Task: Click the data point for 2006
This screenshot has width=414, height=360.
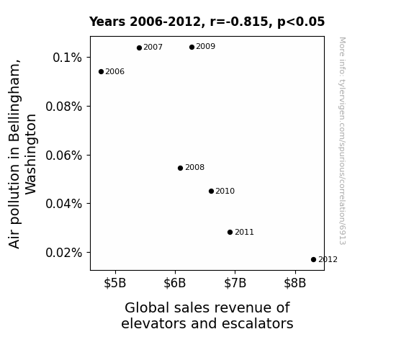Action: pos(101,71)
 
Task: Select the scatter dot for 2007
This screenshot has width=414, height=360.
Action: pos(140,48)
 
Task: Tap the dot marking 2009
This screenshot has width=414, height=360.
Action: pos(192,48)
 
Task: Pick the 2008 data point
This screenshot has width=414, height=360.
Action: pos(180,168)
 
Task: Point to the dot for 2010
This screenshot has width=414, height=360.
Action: pos(211,192)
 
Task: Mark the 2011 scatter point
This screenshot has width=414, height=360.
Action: pos(230,232)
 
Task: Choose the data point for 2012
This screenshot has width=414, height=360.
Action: pos(313,260)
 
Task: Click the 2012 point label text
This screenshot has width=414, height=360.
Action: pos(328,260)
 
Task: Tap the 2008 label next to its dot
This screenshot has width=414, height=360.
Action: pos(195,168)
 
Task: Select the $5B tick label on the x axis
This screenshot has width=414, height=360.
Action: pos(115,283)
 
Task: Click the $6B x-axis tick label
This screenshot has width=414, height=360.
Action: pos(175,283)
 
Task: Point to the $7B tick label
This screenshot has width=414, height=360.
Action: pos(235,283)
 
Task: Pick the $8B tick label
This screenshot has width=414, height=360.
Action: pos(295,283)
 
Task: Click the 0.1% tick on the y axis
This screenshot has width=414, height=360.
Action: pos(68,58)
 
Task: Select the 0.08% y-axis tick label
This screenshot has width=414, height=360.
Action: pos(63,107)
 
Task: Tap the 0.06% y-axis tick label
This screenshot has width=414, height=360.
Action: pos(63,155)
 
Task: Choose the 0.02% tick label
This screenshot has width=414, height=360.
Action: pos(63,253)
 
